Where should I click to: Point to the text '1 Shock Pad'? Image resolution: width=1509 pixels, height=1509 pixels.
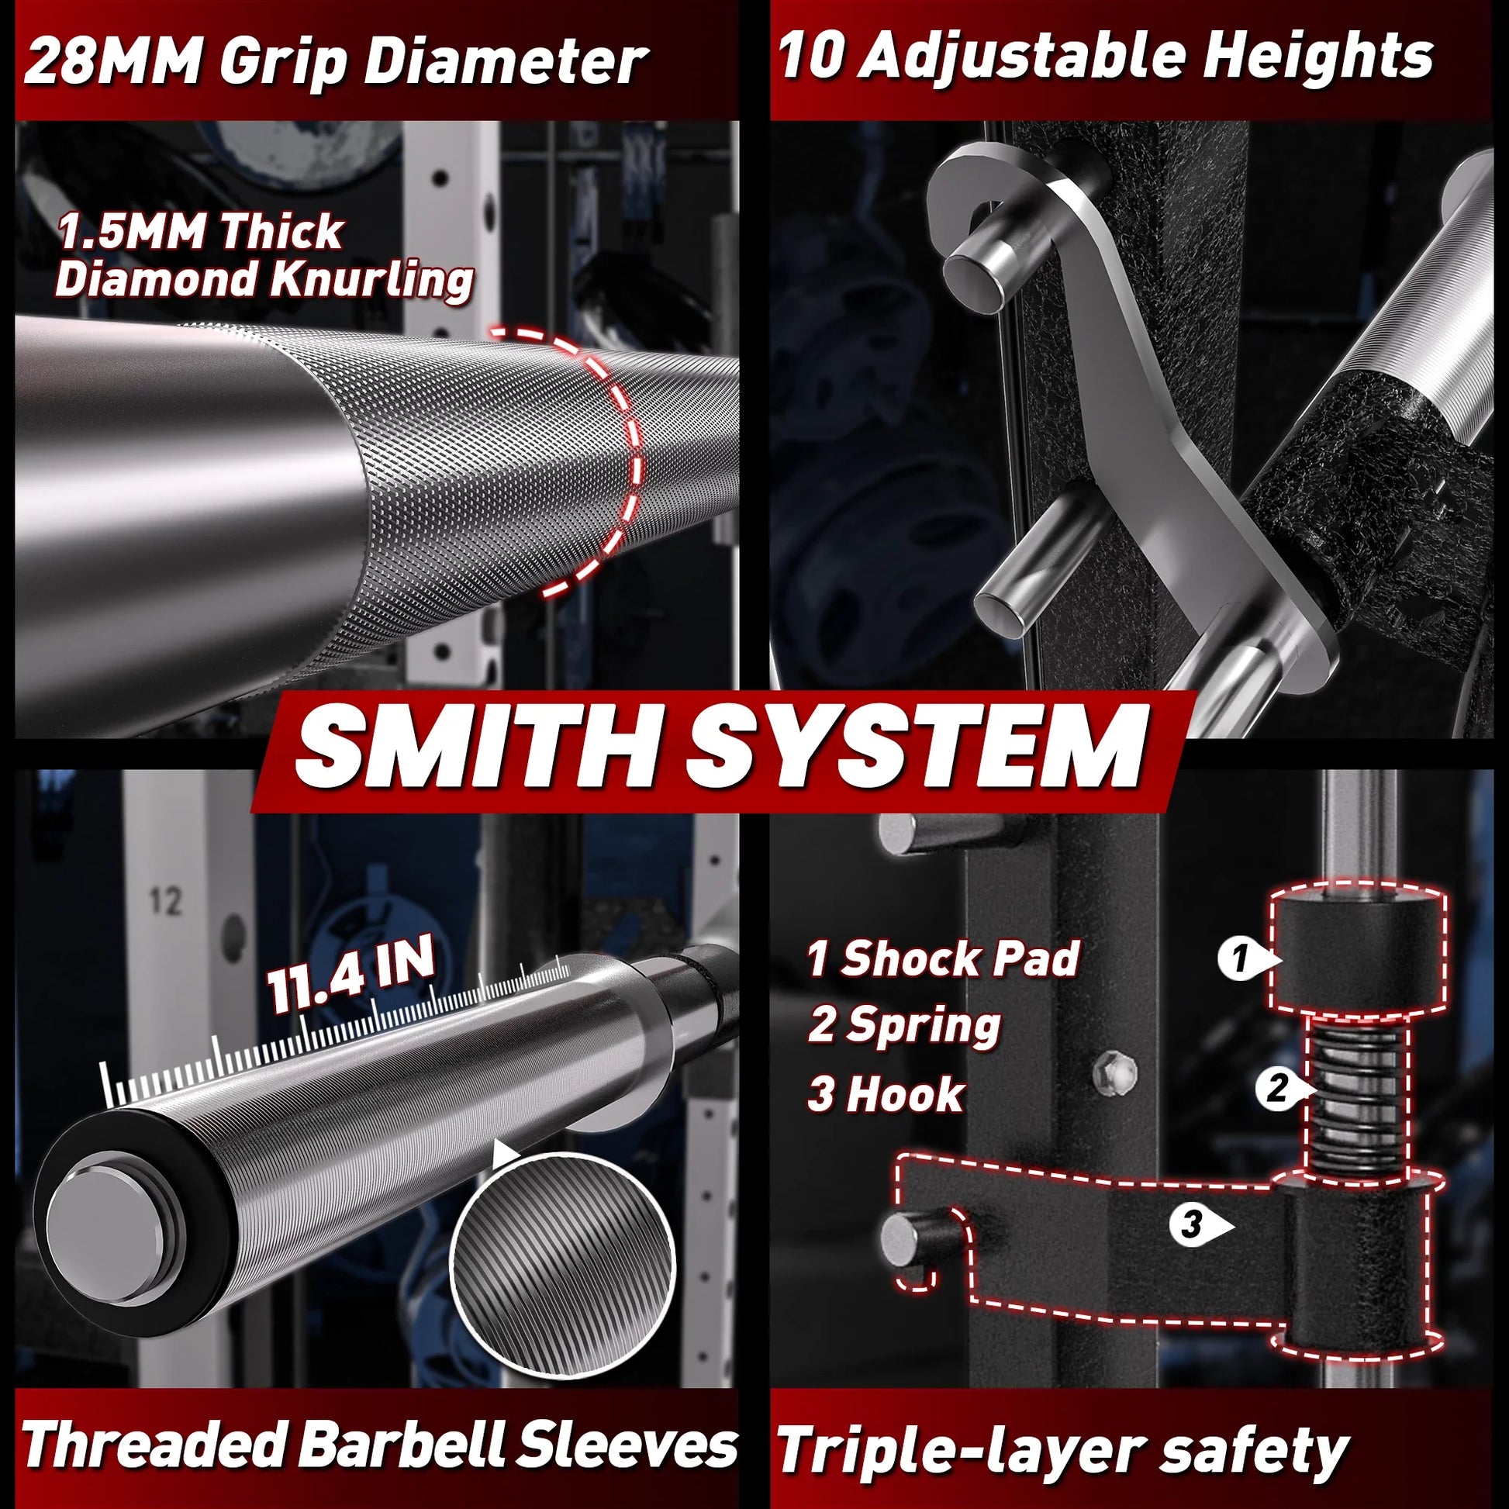[x=943, y=958]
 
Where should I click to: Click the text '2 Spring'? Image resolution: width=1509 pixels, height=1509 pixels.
[x=904, y=1025]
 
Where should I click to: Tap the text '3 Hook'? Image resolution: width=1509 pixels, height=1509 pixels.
[x=886, y=1093]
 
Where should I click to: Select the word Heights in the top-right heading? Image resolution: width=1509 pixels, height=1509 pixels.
[x=1317, y=57]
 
